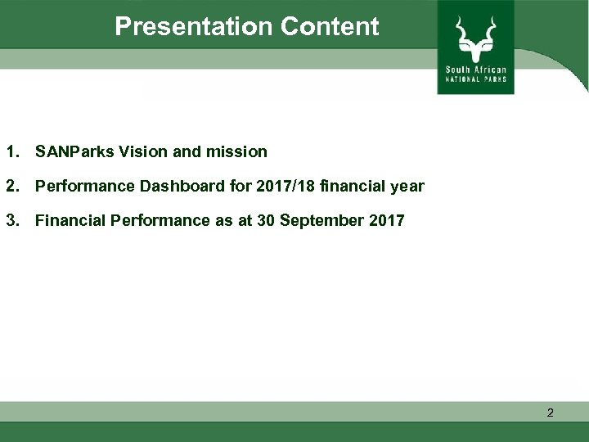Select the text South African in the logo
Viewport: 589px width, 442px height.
pyautogui.click(x=475, y=70)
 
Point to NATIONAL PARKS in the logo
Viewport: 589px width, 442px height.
pyautogui.click(x=475, y=79)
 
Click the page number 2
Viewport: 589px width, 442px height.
pyautogui.click(x=550, y=413)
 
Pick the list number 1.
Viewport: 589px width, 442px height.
pyautogui.click(x=11, y=151)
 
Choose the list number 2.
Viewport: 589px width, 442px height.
pyautogui.click(x=11, y=186)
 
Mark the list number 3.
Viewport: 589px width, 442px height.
pyautogui.click(x=11, y=220)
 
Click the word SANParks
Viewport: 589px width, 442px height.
pyautogui.click(x=74, y=151)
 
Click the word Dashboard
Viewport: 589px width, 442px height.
pyautogui.click(x=183, y=186)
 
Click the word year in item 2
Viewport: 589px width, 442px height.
pyautogui.click(x=407, y=186)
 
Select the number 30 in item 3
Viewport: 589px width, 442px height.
pyautogui.click(x=266, y=220)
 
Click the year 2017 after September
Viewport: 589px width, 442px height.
pyautogui.click(x=386, y=220)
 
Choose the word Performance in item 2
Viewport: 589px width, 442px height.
pyautogui.click(x=85, y=186)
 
